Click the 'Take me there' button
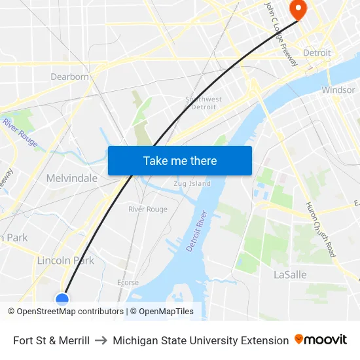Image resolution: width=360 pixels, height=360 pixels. point(180,160)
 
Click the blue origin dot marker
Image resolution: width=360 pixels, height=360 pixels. point(62,300)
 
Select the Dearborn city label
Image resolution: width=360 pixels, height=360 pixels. point(69,77)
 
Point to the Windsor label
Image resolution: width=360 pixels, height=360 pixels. point(338,90)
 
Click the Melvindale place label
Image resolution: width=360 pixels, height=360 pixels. point(71,178)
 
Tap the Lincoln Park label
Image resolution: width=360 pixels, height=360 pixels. point(65,261)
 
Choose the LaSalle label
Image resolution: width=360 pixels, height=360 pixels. point(290,275)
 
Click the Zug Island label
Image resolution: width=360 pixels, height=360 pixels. point(192,184)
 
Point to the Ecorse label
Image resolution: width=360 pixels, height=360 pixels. point(128,283)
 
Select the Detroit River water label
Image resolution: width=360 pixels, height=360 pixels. point(196,231)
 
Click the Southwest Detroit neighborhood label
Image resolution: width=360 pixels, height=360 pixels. point(204,103)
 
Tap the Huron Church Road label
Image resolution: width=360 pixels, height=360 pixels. point(321,228)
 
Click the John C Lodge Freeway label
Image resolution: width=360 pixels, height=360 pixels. point(281,34)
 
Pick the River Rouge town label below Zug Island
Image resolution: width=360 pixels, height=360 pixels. point(147,209)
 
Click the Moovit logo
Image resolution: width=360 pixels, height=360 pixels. point(321,340)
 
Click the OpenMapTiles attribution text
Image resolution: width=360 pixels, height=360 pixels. point(165,312)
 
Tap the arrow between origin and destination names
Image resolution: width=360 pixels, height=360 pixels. point(101,340)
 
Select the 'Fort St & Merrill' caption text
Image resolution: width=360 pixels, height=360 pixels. point(51,340)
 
